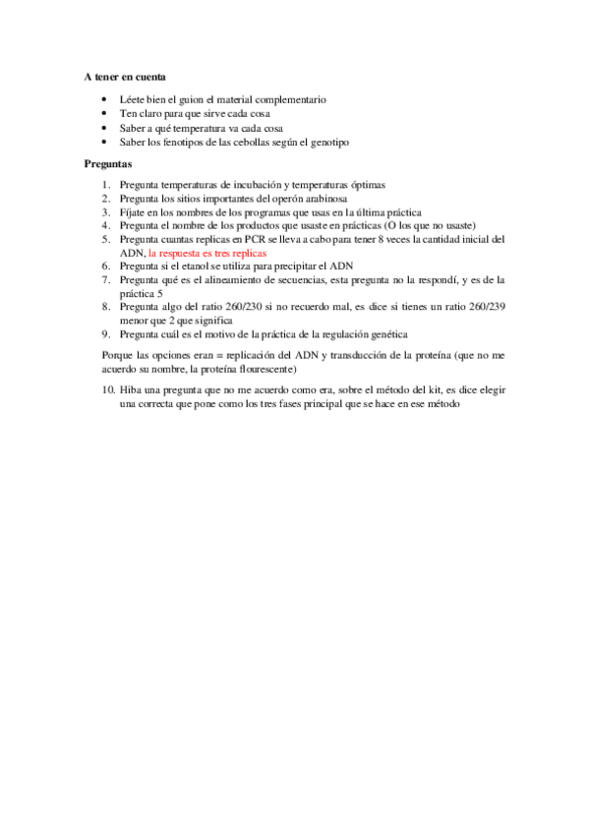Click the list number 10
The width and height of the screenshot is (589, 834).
pos(107,390)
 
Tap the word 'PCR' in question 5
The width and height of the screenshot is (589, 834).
pos(246,239)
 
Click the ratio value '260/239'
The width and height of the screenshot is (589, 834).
pos(482,307)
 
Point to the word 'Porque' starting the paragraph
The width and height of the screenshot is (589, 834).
pos(117,354)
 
